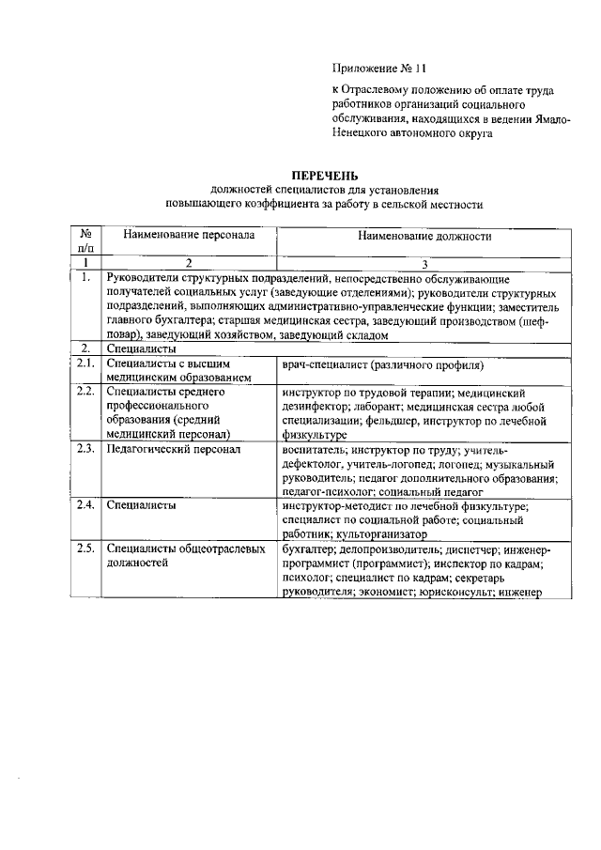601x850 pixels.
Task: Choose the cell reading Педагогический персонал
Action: coord(174,450)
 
